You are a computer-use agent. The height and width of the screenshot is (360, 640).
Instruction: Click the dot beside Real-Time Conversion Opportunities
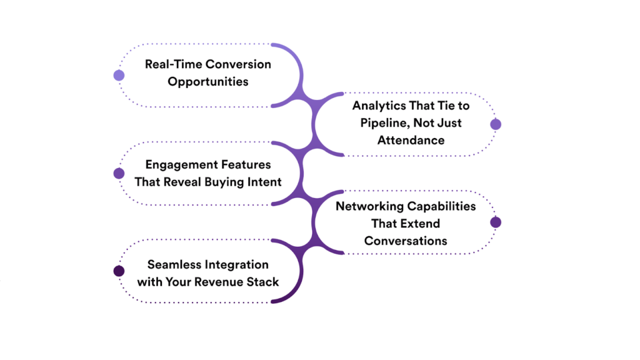click(119, 76)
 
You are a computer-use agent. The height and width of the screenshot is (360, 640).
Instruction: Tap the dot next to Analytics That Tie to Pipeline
click(496, 124)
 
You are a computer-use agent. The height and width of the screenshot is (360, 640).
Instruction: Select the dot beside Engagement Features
click(119, 173)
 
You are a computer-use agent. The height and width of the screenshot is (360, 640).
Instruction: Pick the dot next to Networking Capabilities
click(496, 222)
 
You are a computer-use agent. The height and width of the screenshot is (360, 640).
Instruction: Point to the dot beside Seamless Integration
click(119, 271)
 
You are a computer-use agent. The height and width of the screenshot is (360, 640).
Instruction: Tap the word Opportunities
click(208, 82)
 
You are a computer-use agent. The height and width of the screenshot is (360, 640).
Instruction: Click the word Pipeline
click(385, 123)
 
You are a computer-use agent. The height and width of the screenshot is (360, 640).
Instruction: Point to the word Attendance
click(411, 140)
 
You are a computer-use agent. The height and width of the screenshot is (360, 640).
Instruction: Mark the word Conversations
click(406, 241)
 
